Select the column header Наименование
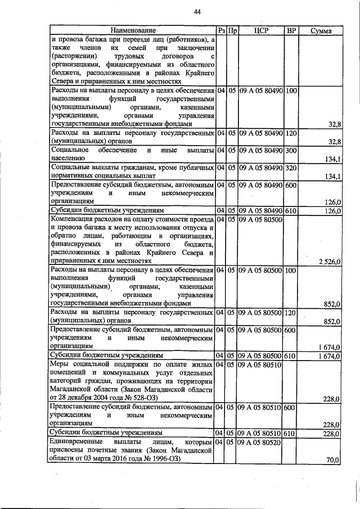point(133,30)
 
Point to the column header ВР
point(291,30)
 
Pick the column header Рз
point(221,30)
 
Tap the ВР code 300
point(291,151)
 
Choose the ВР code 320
point(291,168)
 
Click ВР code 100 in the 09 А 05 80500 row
point(291,270)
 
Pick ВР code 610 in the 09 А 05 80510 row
point(291,434)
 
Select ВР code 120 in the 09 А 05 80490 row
point(291,133)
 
